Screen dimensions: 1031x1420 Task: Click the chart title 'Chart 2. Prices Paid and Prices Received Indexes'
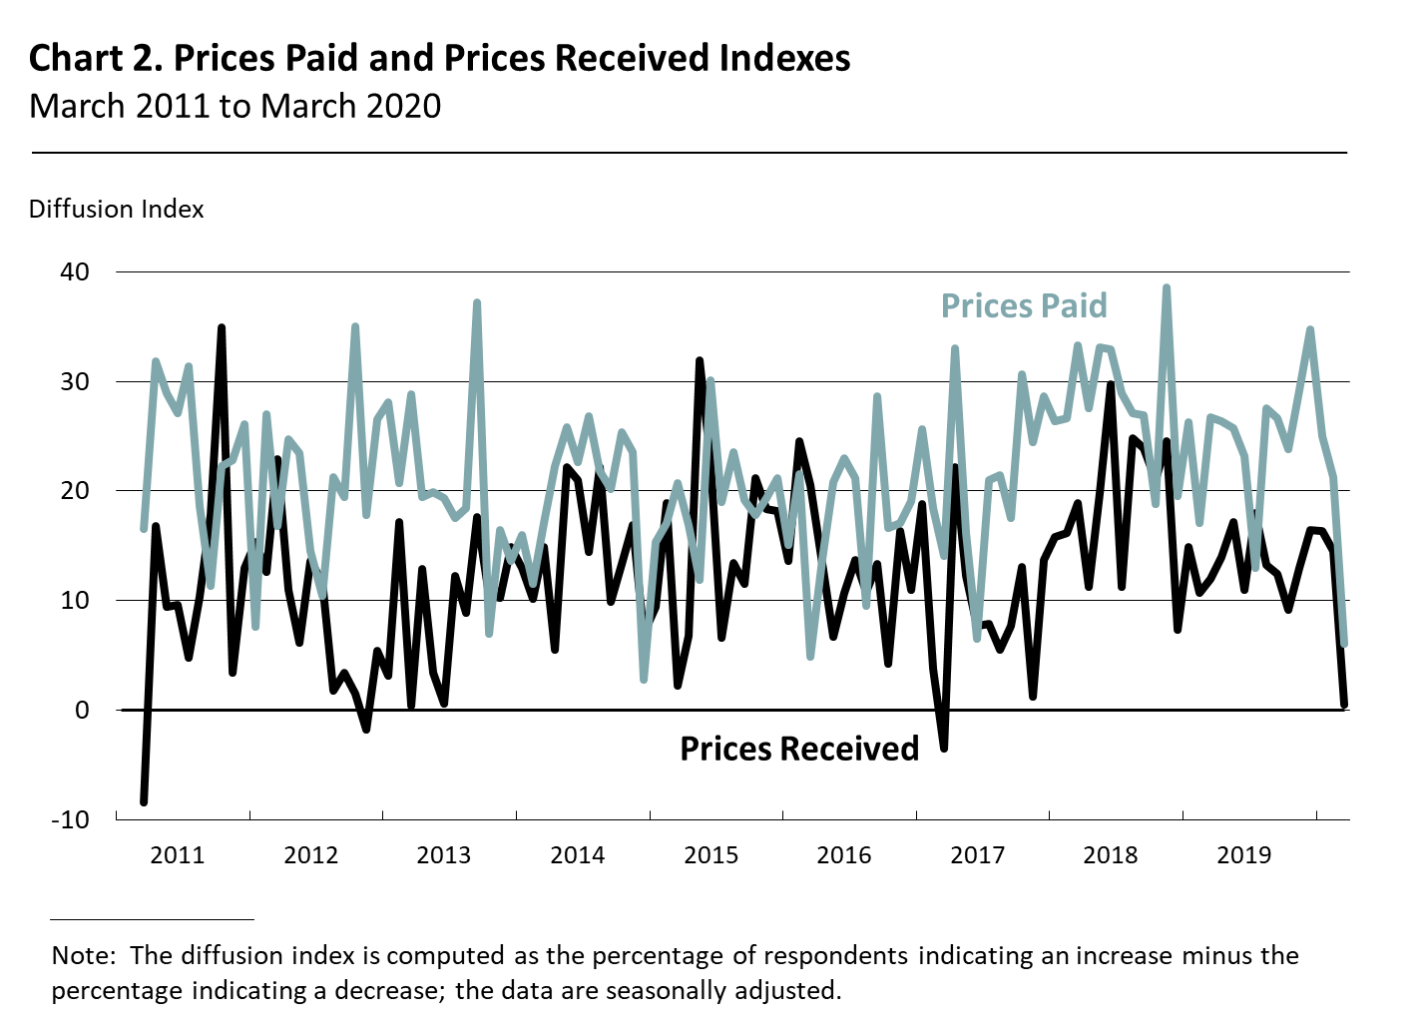coord(439,58)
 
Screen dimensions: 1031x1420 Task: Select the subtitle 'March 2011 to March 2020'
coord(236,106)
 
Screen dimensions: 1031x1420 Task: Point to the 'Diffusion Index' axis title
coord(116,210)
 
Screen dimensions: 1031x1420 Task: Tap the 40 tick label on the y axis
coord(75,271)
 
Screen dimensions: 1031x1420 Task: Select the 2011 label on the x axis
coord(177,854)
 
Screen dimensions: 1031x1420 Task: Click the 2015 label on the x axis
coord(710,854)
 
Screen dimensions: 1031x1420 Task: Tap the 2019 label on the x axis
coord(1243,854)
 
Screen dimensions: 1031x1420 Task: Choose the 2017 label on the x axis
coord(977,854)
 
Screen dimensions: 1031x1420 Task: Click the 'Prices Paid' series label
coord(1024,305)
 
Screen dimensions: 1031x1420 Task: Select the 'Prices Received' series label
coord(798,749)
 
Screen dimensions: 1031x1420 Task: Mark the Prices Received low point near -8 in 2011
coord(144,801)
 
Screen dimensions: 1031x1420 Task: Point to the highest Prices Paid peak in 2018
coord(1166,288)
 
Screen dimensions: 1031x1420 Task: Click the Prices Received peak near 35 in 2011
coord(222,327)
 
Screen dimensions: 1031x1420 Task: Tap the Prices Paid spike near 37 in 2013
coord(477,302)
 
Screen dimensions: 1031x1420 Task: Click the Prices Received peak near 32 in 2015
coord(700,360)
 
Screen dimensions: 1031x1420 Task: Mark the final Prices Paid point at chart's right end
coord(1344,645)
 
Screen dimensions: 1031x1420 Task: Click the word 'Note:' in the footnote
coord(84,955)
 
